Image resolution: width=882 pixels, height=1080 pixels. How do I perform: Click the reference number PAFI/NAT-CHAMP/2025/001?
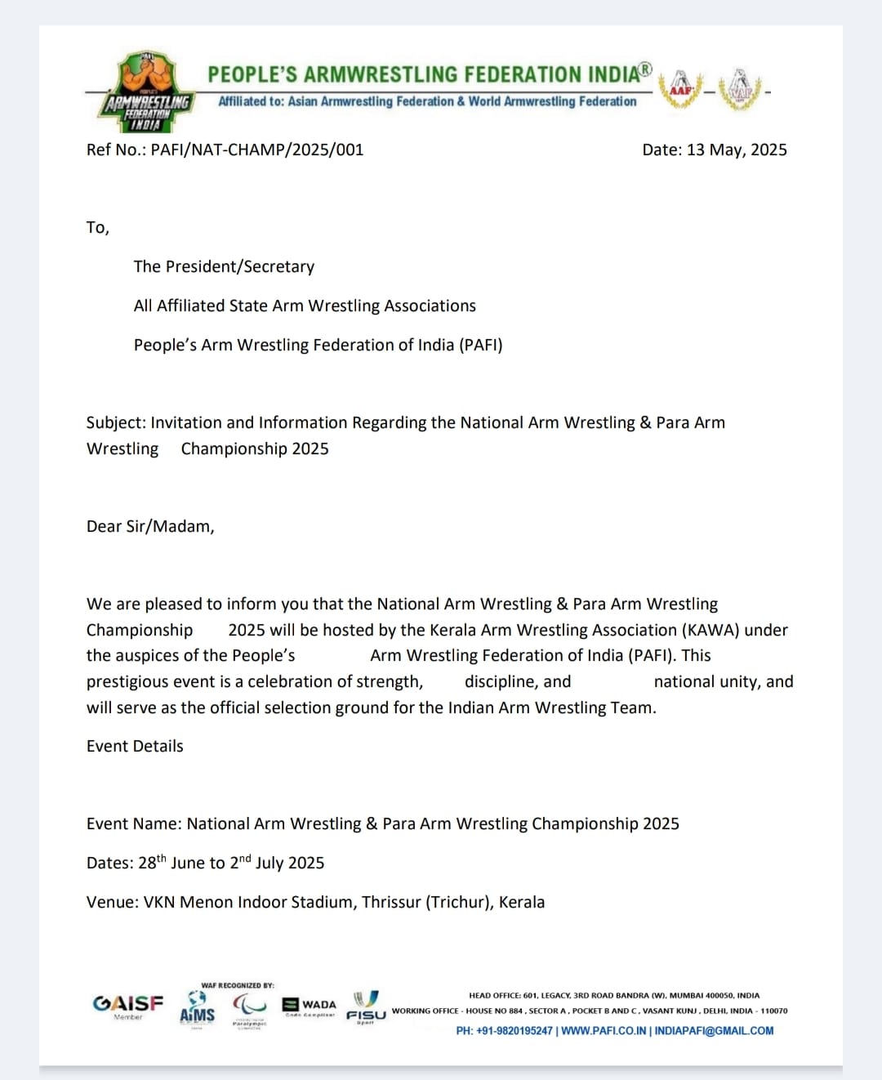(x=257, y=150)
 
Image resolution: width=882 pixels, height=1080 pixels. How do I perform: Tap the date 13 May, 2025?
(x=737, y=150)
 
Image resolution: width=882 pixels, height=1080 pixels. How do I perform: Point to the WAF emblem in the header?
(x=741, y=88)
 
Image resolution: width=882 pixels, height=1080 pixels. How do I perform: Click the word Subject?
(x=115, y=422)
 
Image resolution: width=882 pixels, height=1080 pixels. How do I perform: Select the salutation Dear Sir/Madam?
(x=150, y=526)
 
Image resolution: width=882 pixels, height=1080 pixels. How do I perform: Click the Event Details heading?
(x=135, y=746)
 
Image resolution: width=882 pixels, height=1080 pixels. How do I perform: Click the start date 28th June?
(x=181, y=863)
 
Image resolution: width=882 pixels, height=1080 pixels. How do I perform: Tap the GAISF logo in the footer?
(x=128, y=1004)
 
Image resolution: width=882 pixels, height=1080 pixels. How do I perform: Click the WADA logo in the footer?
(x=310, y=1005)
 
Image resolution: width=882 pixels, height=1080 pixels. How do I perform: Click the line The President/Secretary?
(x=224, y=266)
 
